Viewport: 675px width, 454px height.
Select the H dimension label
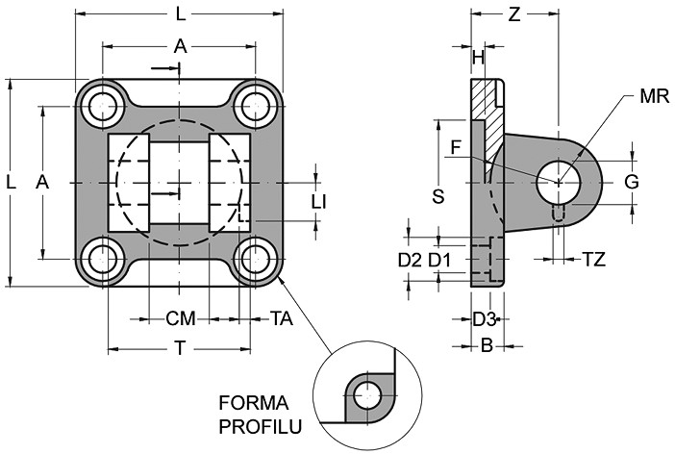(478, 59)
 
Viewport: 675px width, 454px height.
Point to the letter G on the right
(631, 182)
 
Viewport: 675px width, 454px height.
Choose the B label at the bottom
(487, 344)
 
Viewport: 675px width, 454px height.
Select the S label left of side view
(437, 196)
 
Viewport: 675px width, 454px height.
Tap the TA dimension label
(281, 318)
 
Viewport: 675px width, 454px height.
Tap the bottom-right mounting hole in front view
(257, 258)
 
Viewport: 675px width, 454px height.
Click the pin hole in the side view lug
(559, 181)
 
